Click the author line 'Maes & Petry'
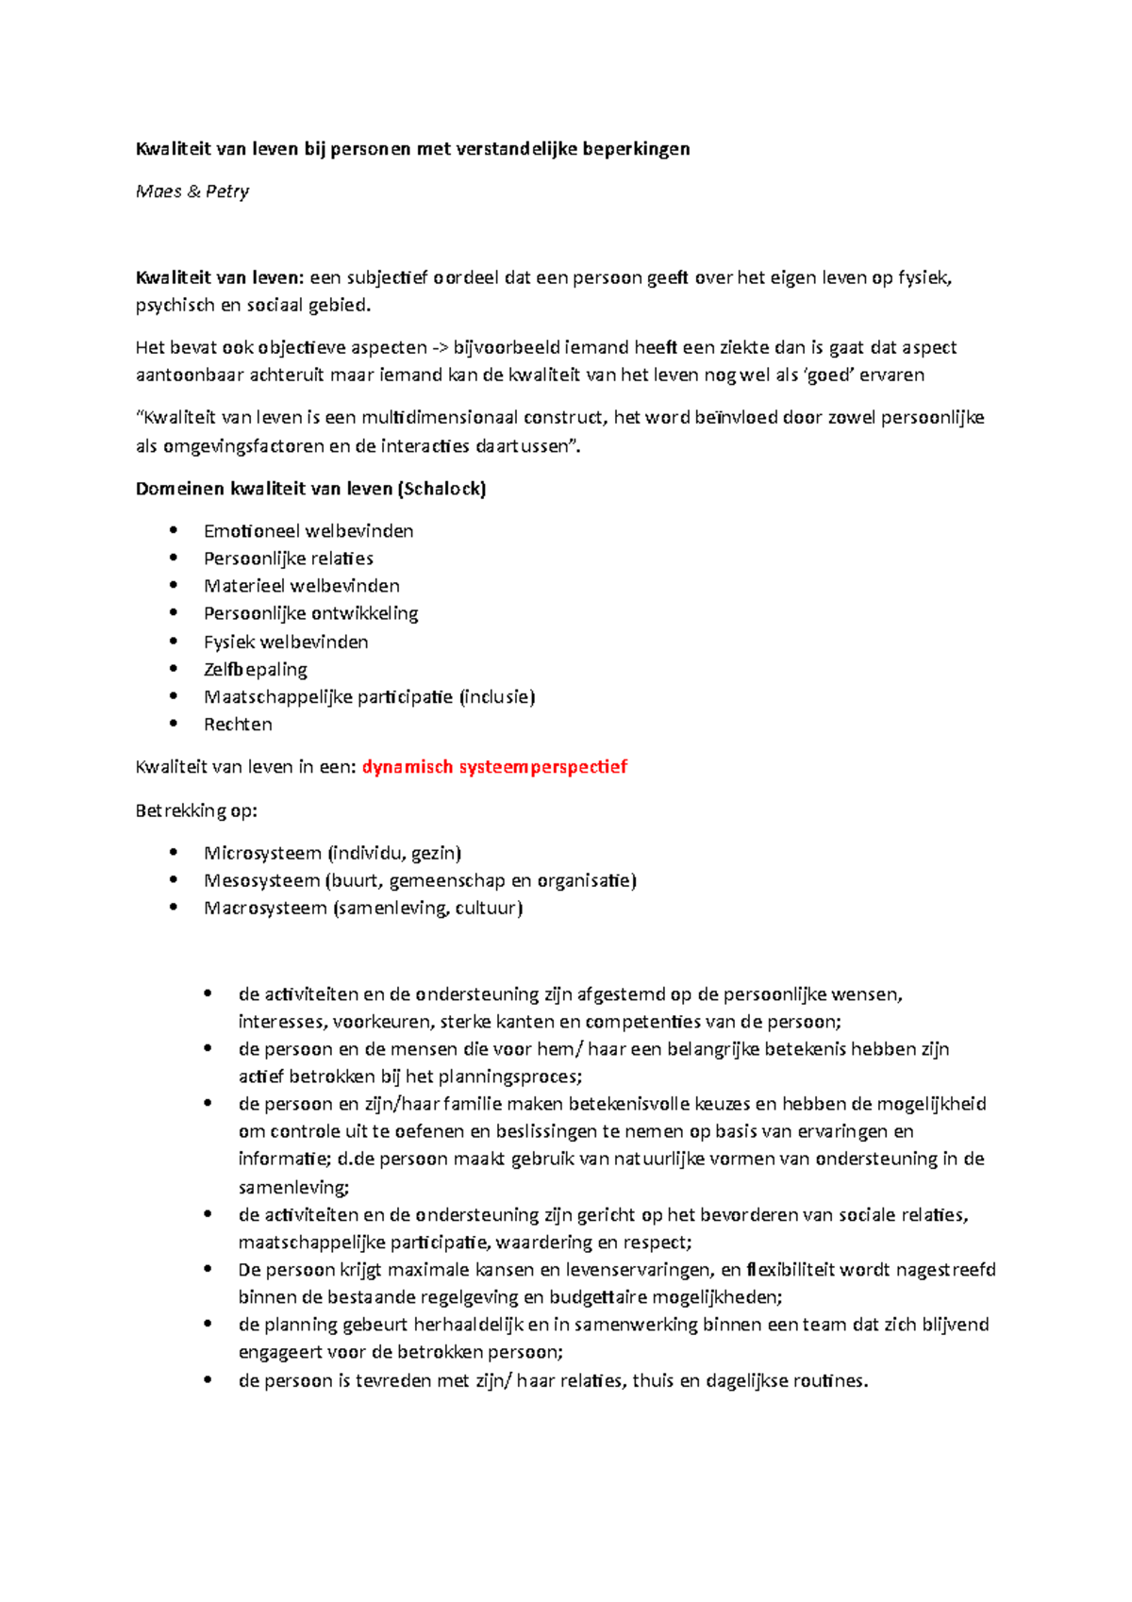click(x=192, y=192)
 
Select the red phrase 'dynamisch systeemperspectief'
click(x=494, y=767)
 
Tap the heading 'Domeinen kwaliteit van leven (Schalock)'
click(x=310, y=489)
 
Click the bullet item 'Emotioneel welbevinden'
click(x=308, y=531)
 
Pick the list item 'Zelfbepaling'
click(x=256, y=669)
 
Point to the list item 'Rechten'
click(x=238, y=725)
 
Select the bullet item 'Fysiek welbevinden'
click(x=286, y=642)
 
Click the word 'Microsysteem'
click(x=262, y=853)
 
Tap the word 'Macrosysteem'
click(x=265, y=908)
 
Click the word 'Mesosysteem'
click(x=261, y=880)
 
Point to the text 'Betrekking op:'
click(x=196, y=810)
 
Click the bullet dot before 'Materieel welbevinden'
click(x=174, y=585)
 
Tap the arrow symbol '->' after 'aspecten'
click(x=440, y=347)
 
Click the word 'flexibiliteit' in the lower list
click(x=791, y=1270)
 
